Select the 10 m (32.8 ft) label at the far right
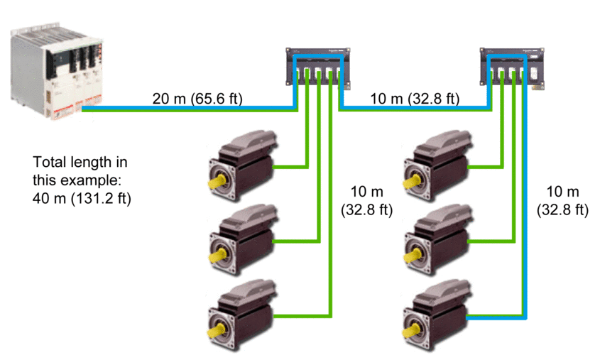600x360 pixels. pyautogui.click(x=567, y=201)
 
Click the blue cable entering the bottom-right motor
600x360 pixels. pyautogui.click(x=497, y=317)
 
